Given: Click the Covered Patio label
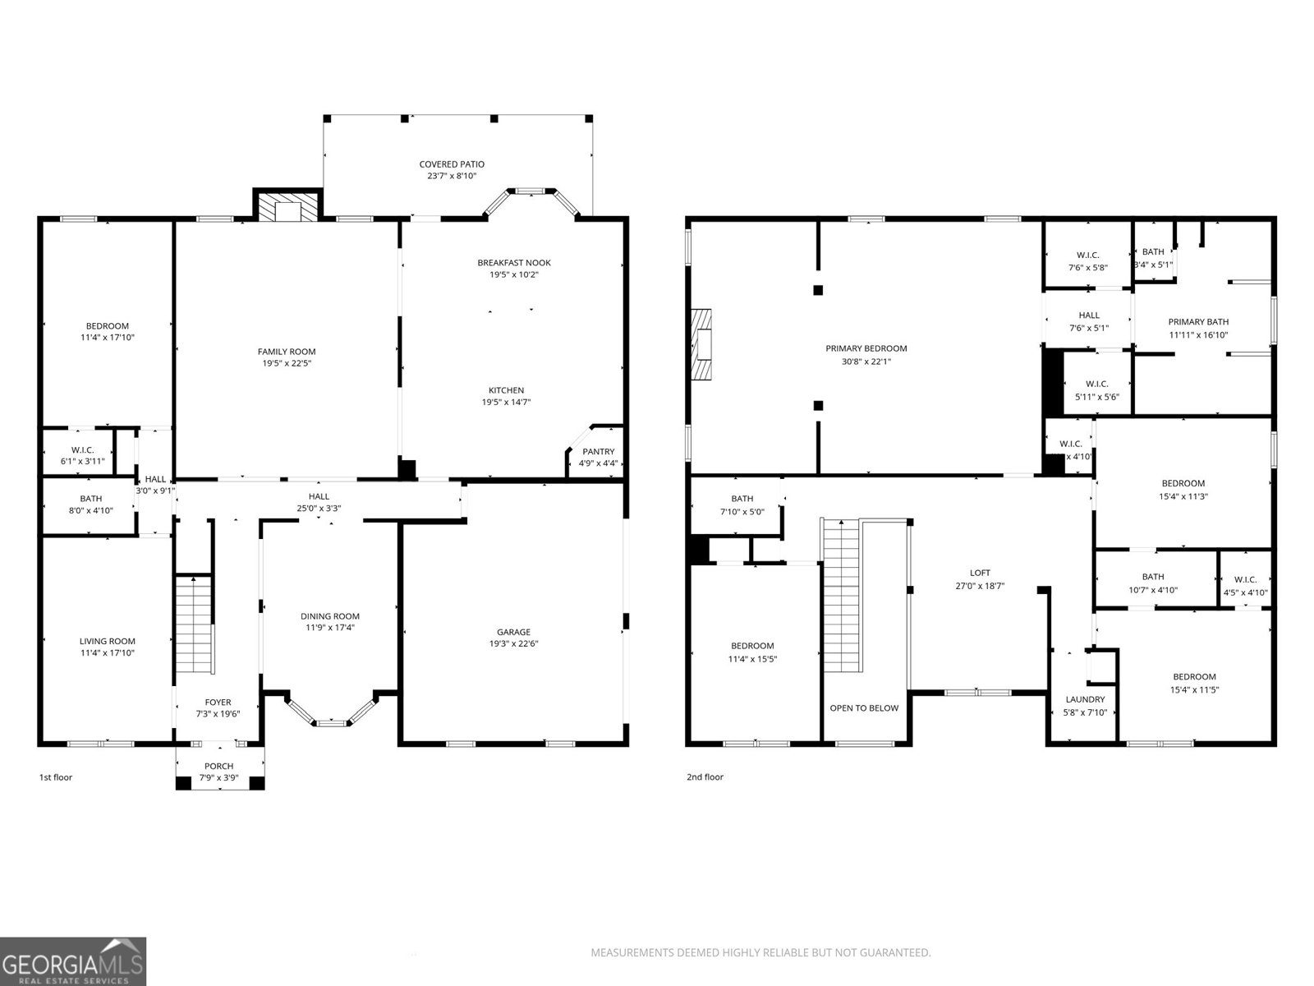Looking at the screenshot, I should click(x=452, y=164).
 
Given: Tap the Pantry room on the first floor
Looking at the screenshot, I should click(x=598, y=457).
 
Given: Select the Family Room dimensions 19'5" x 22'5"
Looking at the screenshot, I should click(x=287, y=363).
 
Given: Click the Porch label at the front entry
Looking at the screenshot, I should click(x=218, y=767).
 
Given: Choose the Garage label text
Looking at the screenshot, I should click(x=513, y=632).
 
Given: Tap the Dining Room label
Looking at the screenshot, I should click(x=329, y=616).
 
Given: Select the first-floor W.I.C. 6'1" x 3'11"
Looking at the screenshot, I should click(x=82, y=455).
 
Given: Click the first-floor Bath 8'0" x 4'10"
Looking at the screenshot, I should click(x=91, y=505).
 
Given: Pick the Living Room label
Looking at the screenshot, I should click(x=107, y=642).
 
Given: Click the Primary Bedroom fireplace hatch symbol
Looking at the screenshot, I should click(x=702, y=344).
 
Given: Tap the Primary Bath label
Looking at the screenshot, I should click(x=1198, y=322).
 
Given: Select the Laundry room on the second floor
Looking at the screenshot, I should click(x=1085, y=705).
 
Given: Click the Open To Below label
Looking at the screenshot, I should click(x=864, y=708).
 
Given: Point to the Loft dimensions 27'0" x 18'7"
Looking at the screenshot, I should click(x=980, y=587).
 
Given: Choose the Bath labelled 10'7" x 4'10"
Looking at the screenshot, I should click(x=1152, y=583).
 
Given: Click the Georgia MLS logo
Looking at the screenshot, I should click(x=73, y=961).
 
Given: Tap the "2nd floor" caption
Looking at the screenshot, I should click(x=705, y=777).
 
